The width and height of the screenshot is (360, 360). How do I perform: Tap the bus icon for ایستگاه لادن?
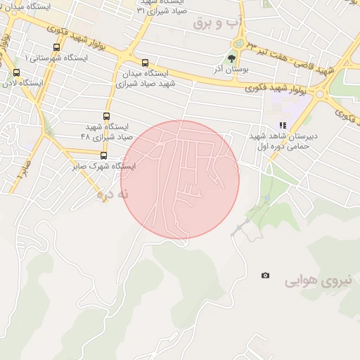(x=16, y=72)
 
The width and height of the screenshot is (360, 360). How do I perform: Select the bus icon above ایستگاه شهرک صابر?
(x=103, y=155)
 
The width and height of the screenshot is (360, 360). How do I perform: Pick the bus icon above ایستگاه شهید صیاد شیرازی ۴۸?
(x=107, y=116)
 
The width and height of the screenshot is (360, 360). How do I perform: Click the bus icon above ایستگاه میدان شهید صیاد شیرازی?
(x=145, y=63)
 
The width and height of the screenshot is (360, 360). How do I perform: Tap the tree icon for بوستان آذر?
(x=232, y=59)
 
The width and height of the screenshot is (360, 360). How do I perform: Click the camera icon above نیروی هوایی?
(x=265, y=276)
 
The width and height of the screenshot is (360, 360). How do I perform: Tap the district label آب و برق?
(x=218, y=23)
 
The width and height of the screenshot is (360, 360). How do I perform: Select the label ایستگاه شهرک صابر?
(x=104, y=167)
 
